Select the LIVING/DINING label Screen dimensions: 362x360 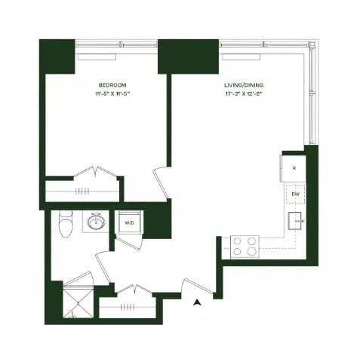242,85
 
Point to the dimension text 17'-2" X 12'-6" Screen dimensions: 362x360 242,95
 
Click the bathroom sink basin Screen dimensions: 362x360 96,222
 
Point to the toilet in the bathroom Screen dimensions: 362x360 66,223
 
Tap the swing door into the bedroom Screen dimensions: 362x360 161,182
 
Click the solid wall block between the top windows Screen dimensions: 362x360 172,57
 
